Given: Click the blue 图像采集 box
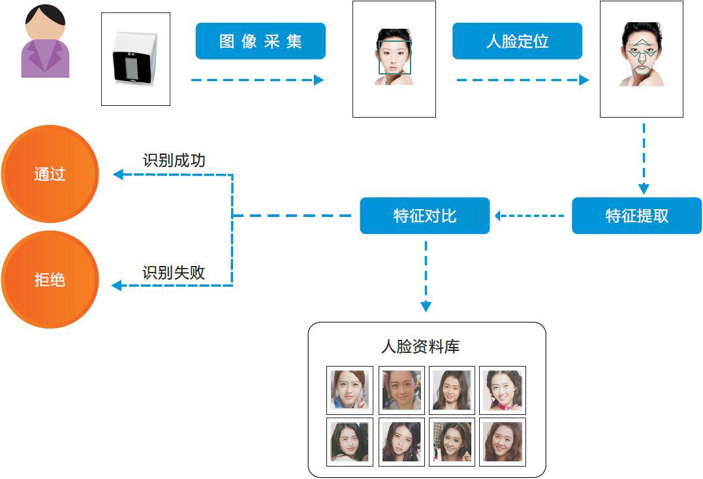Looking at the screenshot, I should [260, 41].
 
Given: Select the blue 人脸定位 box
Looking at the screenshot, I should [517, 41].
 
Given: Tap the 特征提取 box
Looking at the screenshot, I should [636, 216].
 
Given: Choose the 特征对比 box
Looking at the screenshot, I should [424, 216].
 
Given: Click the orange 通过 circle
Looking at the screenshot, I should [50, 174].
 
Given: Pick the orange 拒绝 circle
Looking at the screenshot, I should [50, 280].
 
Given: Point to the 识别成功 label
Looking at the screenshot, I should [174, 160].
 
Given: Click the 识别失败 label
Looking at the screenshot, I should [174, 273].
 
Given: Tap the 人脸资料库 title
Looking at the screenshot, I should [420, 346].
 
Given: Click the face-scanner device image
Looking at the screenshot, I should [136, 59].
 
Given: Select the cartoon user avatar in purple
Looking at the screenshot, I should [45, 42].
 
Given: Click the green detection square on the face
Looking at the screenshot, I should [394, 57].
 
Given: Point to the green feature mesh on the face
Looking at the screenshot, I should [641, 56].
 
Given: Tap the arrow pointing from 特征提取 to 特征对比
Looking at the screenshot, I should [529, 215].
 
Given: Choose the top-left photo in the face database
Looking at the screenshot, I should [350, 390].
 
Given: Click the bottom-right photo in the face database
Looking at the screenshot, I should [503, 442].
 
